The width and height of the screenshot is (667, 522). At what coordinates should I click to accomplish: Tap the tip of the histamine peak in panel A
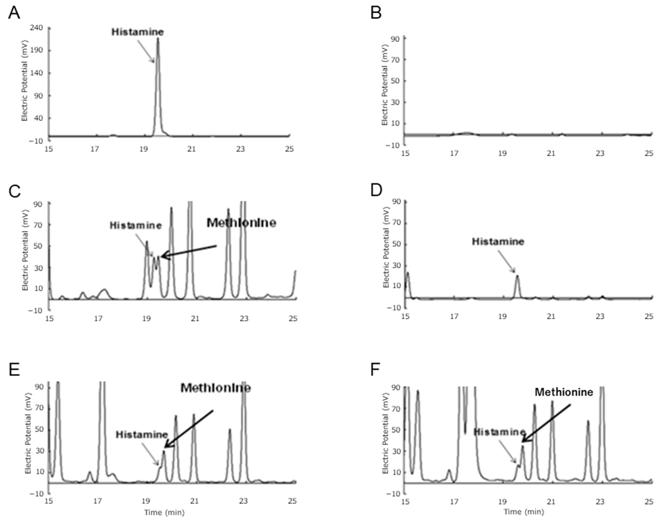158,38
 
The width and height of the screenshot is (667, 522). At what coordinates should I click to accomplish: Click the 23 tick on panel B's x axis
600,153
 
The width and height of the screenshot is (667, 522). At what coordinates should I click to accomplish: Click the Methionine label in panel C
241,223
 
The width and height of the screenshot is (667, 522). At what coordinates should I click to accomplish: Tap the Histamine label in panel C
135,225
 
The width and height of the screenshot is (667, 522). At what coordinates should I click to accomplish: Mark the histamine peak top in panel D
517,276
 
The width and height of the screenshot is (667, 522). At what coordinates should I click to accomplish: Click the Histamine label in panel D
498,241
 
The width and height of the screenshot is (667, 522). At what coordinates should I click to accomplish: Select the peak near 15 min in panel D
408,273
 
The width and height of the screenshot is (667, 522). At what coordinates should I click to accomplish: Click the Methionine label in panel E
216,388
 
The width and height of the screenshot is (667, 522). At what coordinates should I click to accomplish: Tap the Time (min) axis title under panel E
164,512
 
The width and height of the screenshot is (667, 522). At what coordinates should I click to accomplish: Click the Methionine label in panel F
564,392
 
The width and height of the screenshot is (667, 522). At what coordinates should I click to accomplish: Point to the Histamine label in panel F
499,432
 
